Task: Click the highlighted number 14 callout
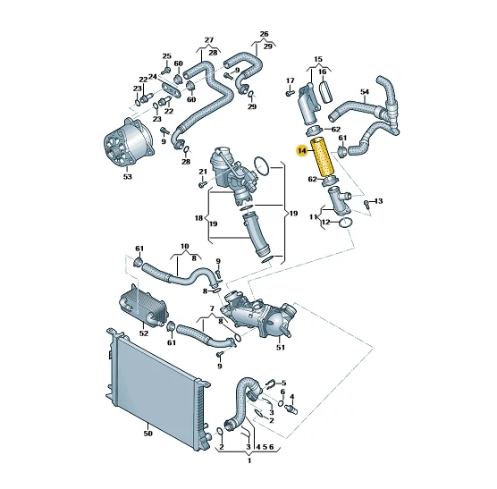302,151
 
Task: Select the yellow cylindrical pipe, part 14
323,157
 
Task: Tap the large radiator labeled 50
158,388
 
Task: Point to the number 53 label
127,176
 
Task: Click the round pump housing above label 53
129,141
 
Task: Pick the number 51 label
281,348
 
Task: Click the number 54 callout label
365,91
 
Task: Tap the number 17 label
290,80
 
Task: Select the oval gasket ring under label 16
326,91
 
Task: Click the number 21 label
203,172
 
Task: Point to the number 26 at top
264,34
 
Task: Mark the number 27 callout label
209,40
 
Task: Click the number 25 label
167,56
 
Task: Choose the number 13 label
378,201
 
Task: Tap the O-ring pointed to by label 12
346,223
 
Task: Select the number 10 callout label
185,246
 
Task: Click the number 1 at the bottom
249,460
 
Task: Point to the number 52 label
144,333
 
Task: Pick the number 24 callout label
153,77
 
